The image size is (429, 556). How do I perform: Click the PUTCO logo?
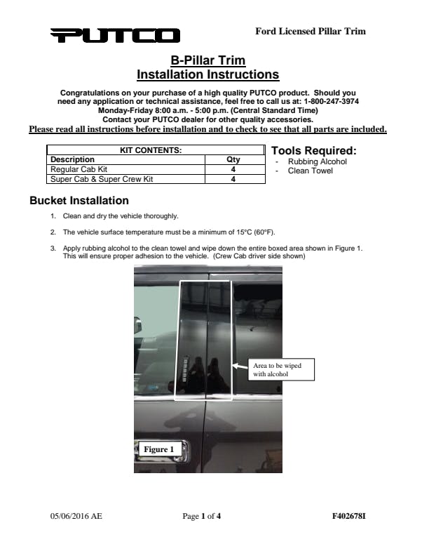point(115,35)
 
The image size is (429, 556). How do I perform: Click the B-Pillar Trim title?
point(207,61)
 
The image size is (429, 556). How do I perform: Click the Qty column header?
point(233,159)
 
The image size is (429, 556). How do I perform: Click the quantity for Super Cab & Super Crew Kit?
point(233,179)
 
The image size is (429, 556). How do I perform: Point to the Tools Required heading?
point(313,151)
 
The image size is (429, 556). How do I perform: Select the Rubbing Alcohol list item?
point(317,162)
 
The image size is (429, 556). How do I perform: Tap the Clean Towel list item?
point(311,171)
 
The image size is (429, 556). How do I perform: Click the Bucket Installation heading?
point(79,201)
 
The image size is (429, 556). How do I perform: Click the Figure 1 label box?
point(155,449)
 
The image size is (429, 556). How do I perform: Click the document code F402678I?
point(348,517)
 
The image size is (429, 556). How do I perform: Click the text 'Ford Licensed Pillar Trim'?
point(310,31)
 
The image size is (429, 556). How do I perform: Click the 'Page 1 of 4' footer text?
point(202,517)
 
